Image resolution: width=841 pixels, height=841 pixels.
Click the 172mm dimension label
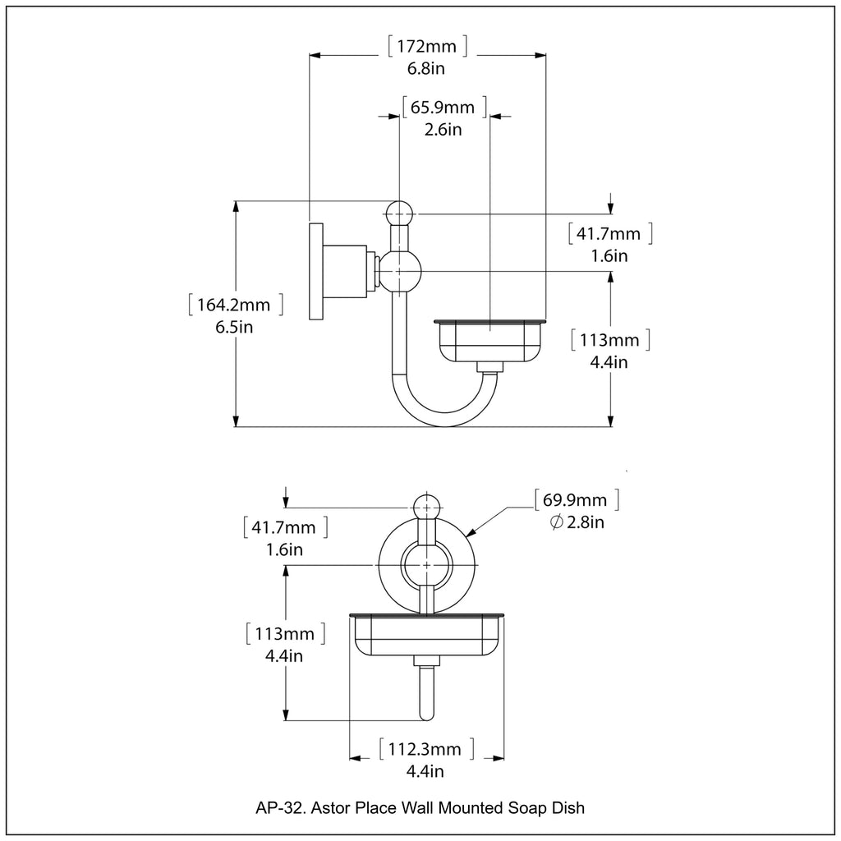click(x=426, y=47)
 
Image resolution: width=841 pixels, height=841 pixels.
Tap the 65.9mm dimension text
click(x=443, y=108)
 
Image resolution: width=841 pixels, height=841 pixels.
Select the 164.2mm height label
click(x=234, y=306)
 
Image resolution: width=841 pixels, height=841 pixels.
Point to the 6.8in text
click(x=426, y=69)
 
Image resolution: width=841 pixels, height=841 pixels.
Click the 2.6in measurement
click(x=443, y=130)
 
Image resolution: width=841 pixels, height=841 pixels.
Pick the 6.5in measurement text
click(x=234, y=328)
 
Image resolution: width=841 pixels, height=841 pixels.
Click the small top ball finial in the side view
click(x=398, y=214)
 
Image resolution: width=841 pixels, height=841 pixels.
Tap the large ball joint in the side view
click(x=400, y=271)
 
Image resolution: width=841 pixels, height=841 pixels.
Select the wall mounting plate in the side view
click(x=316, y=271)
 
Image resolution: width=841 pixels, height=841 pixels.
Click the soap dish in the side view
click(x=490, y=338)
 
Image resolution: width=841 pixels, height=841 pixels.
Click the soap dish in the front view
click(x=426, y=636)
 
